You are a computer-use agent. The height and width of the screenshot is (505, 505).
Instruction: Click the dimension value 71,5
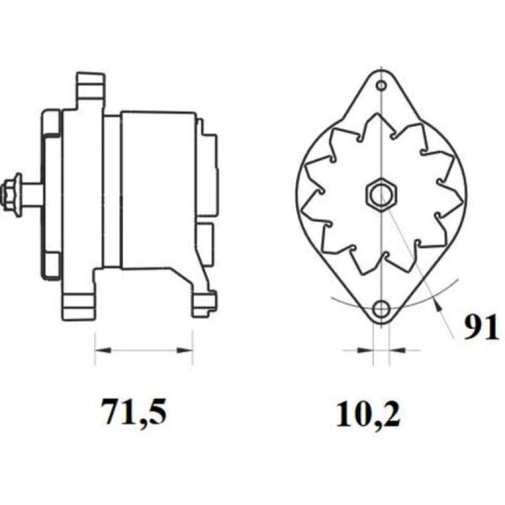[134, 413]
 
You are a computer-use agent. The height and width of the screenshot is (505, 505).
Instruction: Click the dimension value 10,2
[368, 414]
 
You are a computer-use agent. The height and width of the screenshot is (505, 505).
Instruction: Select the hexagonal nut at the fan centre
[381, 194]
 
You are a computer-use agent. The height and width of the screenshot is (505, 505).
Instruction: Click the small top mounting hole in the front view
[381, 86]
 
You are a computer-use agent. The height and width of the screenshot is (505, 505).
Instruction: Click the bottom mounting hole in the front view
[381, 309]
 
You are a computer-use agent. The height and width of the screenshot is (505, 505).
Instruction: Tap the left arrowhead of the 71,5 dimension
[103, 350]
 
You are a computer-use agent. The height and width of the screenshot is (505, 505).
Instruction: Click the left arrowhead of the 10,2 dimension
[365, 350]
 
